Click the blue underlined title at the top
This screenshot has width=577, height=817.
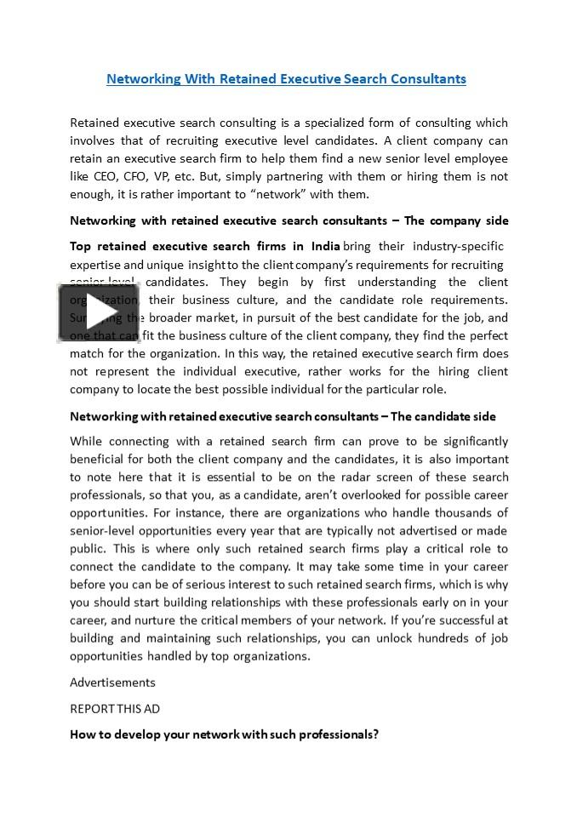click(286, 79)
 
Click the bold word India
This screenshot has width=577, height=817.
click(325, 247)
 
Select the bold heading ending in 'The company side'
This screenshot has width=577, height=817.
click(288, 221)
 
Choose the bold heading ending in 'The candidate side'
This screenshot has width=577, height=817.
click(283, 417)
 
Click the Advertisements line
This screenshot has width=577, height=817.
click(112, 683)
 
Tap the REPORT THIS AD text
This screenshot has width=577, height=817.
click(115, 709)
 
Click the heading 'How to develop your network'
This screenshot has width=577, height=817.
click(224, 734)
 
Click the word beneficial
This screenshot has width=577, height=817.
click(97, 460)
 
